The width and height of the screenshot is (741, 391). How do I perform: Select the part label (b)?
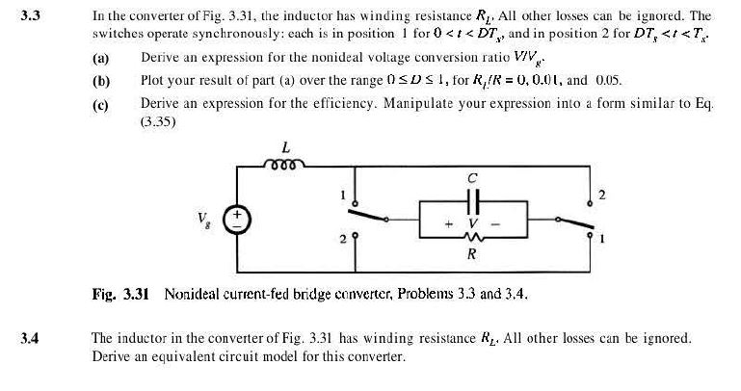tap(100, 80)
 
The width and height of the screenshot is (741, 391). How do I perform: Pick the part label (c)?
tap(100, 101)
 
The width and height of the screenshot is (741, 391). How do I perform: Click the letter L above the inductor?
tap(285, 148)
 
